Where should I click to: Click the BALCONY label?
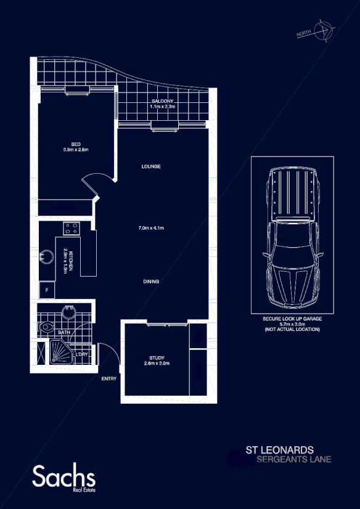tap(163, 100)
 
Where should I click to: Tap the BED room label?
tap(76, 144)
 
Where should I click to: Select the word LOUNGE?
tap(151, 166)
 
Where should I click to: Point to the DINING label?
tap(151, 281)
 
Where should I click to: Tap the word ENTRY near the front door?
tap(108, 378)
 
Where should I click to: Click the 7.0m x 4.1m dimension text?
tap(151, 229)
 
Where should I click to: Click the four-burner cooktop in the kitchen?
tap(71, 228)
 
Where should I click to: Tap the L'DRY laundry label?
tap(81, 355)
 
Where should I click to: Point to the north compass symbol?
tap(322, 31)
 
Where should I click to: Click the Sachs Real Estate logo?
tap(63, 478)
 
